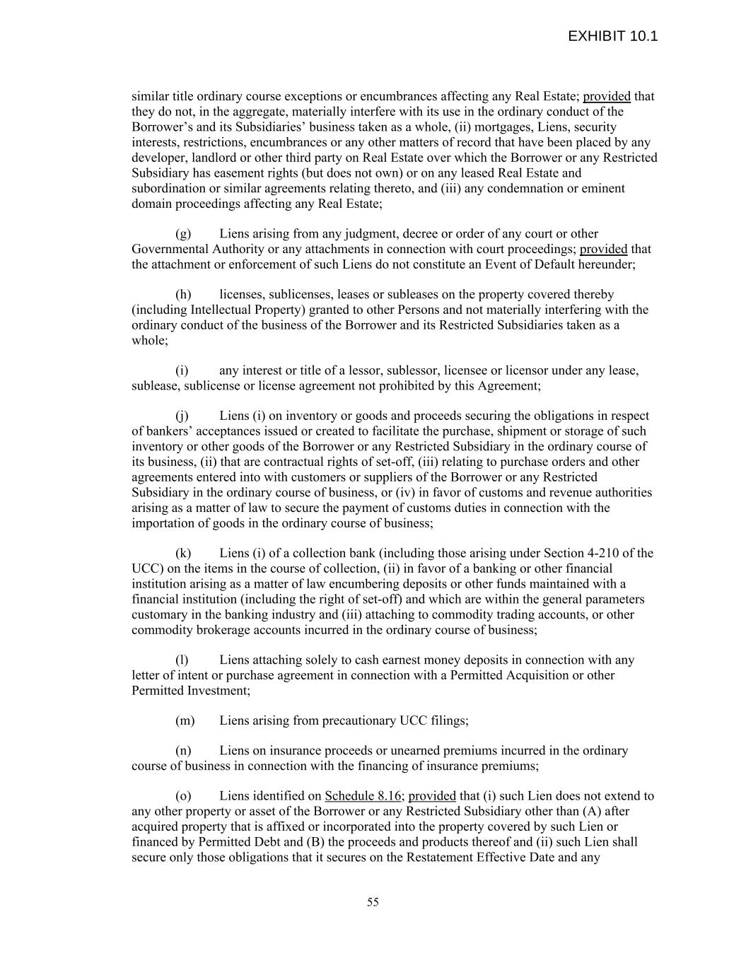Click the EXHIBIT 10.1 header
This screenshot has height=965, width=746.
point(612,36)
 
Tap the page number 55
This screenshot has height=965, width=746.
point(373,902)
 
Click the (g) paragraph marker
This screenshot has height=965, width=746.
point(183,234)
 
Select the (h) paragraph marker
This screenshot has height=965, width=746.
point(183,295)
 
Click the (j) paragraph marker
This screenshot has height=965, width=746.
point(182,416)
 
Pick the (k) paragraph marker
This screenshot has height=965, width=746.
point(183,554)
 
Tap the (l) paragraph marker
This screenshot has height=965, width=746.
point(182,660)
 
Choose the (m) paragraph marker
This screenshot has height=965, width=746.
point(185,721)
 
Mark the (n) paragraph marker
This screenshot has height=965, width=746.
point(183,751)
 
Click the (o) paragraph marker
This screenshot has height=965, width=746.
point(183,796)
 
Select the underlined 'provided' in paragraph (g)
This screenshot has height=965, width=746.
point(603,249)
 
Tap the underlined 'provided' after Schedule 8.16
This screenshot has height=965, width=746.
point(432,796)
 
